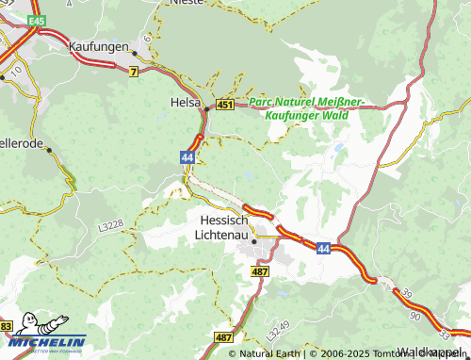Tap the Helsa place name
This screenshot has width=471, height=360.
[185, 102]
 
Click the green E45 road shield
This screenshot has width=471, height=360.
[37, 20]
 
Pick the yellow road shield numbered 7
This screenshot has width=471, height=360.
[134, 72]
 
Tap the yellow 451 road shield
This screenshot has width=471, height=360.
[224, 104]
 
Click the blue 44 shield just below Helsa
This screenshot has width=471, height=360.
[188, 159]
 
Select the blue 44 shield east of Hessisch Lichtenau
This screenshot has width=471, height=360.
[323, 248]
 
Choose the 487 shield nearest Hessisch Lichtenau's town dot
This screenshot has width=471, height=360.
[261, 271]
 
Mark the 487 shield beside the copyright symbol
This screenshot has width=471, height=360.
[223, 336]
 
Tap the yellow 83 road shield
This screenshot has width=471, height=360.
[7, 326]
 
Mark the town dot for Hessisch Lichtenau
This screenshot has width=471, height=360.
[253, 241]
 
